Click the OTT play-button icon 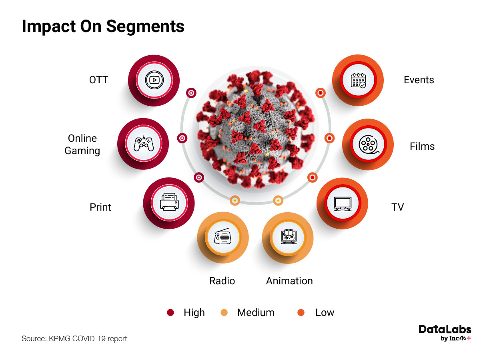(154, 80)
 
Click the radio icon (222, 237)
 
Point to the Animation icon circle (287, 237)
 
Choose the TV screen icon (343, 203)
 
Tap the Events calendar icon (358, 80)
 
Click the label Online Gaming (82, 145)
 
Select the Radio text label (222, 281)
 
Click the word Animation (289, 281)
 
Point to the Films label (422, 146)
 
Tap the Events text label (419, 80)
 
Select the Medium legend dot (224, 313)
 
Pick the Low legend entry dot (301, 313)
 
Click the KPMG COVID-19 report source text (74, 339)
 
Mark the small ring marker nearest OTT (191, 93)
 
